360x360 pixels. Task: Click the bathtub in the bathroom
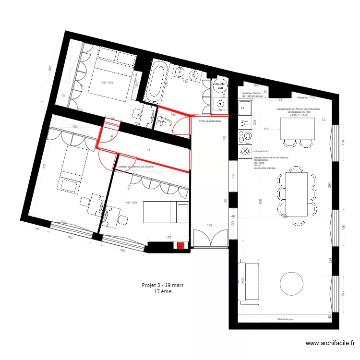tap(156, 81)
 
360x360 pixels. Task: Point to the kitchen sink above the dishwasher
tap(245, 108)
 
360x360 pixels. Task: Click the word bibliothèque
tap(285, 319)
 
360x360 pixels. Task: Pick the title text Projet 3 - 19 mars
tap(163, 285)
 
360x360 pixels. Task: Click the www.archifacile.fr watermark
tap(330, 343)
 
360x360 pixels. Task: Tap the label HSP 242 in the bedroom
tap(107, 83)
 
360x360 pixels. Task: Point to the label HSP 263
tap(131, 203)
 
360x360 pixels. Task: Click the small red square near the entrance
tap(180, 247)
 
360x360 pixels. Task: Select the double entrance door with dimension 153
tap(209, 239)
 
